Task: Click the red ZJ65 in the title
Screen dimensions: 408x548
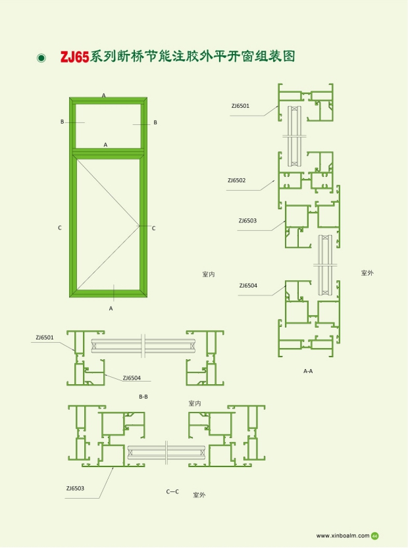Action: (x=75, y=57)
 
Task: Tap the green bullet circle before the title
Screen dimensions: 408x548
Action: (x=41, y=58)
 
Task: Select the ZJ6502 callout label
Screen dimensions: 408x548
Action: (x=237, y=180)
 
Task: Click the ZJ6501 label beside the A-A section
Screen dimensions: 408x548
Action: (x=241, y=106)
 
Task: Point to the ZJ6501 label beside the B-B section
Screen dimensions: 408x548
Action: (x=45, y=337)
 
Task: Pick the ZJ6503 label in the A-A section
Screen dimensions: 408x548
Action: (x=247, y=220)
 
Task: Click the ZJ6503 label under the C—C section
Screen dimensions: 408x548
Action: (x=75, y=488)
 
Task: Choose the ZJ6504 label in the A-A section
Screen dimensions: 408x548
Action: (x=248, y=286)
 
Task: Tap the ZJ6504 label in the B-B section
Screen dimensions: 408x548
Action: (x=132, y=378)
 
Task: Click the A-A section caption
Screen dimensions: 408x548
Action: (x=308, y=371)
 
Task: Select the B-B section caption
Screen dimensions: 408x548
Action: (x=143, y=397)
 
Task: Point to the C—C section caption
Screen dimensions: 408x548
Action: (x=172, y=491)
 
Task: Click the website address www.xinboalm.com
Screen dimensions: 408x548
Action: (x=343, y=536)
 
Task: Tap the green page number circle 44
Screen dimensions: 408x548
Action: (x=375, y=536)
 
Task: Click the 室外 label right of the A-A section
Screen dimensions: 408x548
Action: (x=367, y=273)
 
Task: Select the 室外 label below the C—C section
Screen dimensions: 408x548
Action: (x=199, y=495)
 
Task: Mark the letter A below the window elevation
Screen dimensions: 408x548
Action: (x=111, y=309)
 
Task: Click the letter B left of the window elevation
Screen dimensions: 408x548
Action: (x=63, y=122)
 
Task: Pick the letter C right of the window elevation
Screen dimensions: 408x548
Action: (x=153, y=228)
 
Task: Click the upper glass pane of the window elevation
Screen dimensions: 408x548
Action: (x=109, y=126)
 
